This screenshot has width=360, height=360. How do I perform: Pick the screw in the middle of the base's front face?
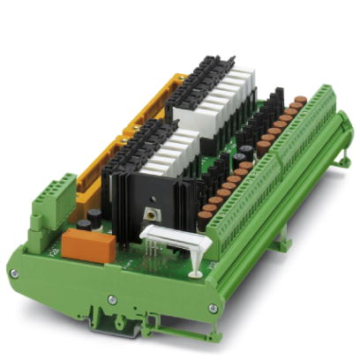pyautogui.click(x=112, y=301)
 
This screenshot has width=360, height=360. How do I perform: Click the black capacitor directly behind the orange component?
pyautogui.click(x=81, y=228)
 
